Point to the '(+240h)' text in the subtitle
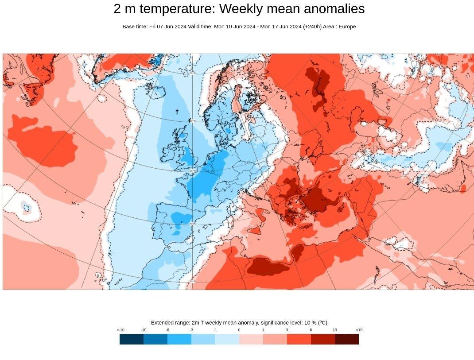[314, 27]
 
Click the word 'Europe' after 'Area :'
[347, 27]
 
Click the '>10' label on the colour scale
[359, 330]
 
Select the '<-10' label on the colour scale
[120, 330]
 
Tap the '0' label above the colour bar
[239, 330]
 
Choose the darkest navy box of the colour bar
[132, 339]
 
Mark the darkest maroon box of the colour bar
[347, 339]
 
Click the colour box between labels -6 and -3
[179, 339]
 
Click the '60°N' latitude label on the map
[193, 120]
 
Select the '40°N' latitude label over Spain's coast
[193, 224]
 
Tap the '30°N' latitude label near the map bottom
[193, 281]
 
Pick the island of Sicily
[254, 231]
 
